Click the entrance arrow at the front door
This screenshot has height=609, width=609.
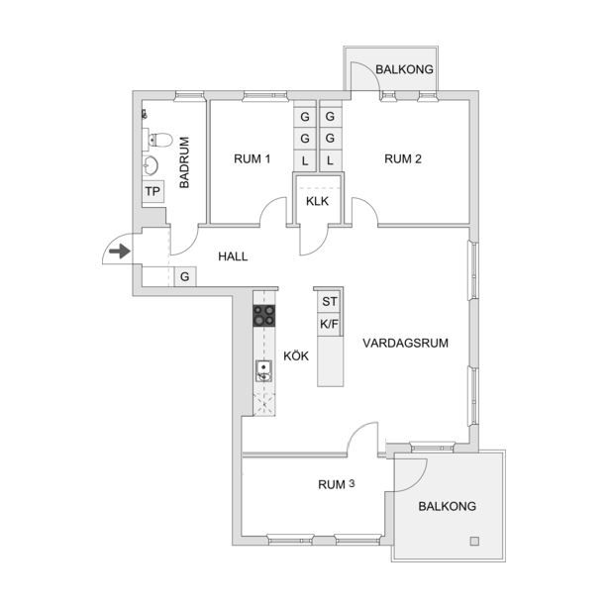pos(120,251)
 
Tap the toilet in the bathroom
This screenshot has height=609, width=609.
pos(160,140)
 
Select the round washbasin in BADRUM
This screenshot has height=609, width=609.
pos(151,165)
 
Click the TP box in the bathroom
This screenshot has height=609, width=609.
pos(153,191)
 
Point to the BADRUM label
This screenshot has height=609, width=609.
pos(184,162)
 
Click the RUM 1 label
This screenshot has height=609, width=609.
pos(253,158)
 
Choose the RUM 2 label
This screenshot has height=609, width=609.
pos(403,158)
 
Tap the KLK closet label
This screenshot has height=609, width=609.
pos(317,201)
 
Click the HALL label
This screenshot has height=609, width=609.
pos(233,256)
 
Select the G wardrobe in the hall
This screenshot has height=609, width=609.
pos(185,276)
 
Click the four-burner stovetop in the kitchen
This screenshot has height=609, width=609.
pos(264,315)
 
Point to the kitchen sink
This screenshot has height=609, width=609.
pos(263,370)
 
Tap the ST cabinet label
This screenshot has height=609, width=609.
pos(330,301)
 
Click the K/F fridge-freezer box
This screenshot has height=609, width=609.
pos(330,324)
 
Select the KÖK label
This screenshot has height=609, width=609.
pos(296,355)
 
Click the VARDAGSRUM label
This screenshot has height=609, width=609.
pos(405,343)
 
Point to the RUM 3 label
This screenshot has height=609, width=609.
pos(337,484)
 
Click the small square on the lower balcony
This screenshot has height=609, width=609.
pos(474,541)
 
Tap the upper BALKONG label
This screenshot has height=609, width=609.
pos(404,69)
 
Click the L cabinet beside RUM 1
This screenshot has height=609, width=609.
pos(305,160)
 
